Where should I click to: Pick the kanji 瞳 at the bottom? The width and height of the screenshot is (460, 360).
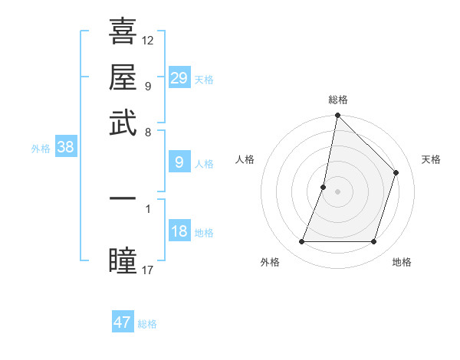[123, 260]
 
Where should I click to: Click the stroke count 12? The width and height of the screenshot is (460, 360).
[148, 40]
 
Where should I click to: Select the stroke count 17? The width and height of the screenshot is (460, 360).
[148, 270]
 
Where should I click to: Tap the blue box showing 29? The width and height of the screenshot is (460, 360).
[179, 78]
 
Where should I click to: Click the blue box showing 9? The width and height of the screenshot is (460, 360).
[179, 162]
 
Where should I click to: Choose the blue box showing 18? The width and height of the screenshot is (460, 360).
[179, 231]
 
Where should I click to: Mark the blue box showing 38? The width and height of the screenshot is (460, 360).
[65, 148]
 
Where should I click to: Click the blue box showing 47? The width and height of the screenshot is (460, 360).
[123, 322]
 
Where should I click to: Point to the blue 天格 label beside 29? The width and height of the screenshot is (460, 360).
[204, 80]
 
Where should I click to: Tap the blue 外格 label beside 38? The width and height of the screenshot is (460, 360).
[41, 149]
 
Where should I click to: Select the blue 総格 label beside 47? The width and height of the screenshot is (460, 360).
[147, 324]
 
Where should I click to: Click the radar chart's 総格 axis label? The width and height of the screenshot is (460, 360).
[337, 100]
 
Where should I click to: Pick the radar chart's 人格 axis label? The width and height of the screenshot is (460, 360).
[245, 159]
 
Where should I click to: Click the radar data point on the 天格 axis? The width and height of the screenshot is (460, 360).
[396, 172]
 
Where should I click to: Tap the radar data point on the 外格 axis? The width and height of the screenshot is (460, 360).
[301, 242]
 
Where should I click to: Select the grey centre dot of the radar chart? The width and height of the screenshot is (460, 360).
[337, 191]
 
